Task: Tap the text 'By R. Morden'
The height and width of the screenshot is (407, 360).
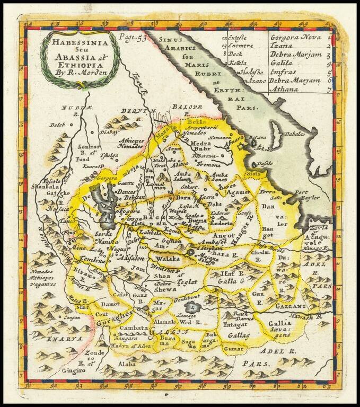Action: tap(77, 68)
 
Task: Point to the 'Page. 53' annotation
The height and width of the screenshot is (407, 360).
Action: tap(133, 38)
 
